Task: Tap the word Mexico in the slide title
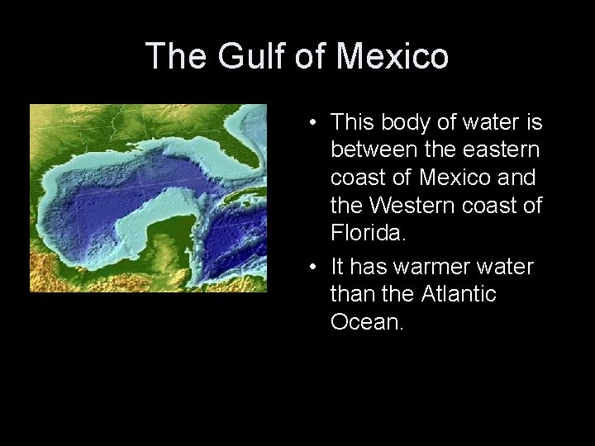coord(393,56)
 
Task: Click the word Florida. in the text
coord(369,232)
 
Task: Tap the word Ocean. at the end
coord(367,321)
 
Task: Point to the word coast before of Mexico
coord(360,178)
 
